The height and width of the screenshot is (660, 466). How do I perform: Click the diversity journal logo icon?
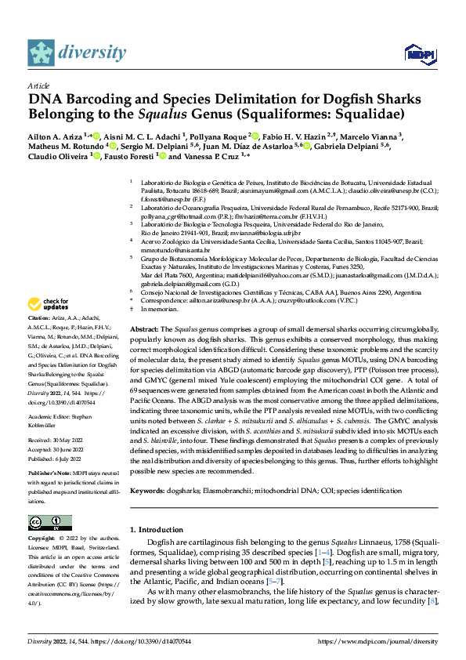[41, 53]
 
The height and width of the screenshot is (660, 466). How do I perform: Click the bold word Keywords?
[149, 490]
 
